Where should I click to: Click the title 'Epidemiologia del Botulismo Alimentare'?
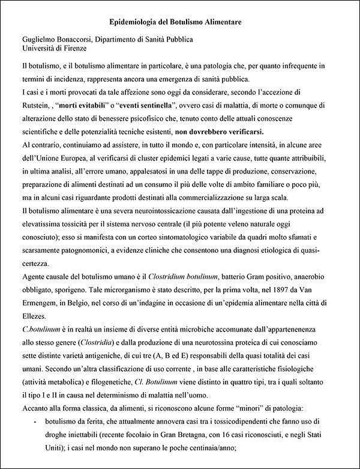[179, 22]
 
